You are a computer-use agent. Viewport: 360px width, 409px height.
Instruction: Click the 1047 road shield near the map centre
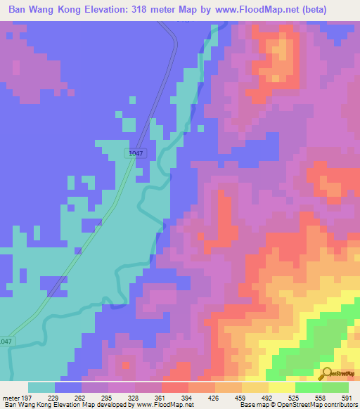(136, 152)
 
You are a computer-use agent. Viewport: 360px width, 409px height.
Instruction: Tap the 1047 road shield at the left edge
(6, 342)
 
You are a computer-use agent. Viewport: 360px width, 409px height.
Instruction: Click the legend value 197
(26, 398)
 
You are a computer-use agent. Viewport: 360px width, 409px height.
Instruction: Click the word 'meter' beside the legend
(10, 398)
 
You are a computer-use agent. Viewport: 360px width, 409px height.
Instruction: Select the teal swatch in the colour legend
(41, 387)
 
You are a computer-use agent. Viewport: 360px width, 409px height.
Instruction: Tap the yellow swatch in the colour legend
(282, 387)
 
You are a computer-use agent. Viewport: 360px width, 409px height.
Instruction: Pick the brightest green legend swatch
(309, 387)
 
